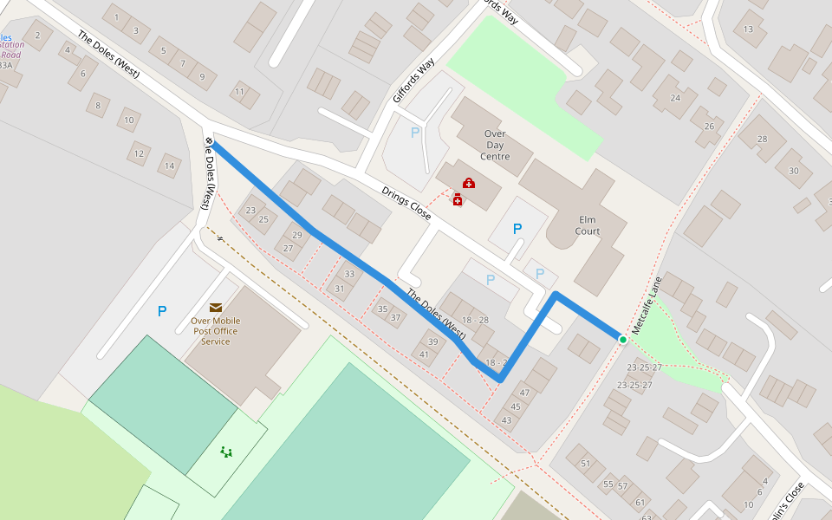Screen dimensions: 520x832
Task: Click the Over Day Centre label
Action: pos(494,146)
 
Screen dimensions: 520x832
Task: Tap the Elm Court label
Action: pos(588,225)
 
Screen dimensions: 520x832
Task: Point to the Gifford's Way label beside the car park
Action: pos(413,81)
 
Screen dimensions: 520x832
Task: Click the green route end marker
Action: pos(622,339)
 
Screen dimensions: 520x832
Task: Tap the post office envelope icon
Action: pos(215,307)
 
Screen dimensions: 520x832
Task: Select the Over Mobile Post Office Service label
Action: pos(215,331)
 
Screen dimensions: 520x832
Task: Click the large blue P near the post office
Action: pos(162,311)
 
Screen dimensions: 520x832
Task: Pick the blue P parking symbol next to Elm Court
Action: pos(517,230)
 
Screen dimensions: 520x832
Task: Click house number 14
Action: pos(170,166)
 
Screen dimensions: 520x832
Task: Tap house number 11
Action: pos(239,92)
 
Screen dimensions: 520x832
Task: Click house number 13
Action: pos(748,29)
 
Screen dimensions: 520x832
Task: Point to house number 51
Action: pos(585,464)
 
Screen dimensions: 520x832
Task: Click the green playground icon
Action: pos(226,451)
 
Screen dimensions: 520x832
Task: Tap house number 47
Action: pos(524,393)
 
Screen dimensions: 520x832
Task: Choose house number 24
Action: pos(675,98)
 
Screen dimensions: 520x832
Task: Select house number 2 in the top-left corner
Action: pos(37,36)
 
